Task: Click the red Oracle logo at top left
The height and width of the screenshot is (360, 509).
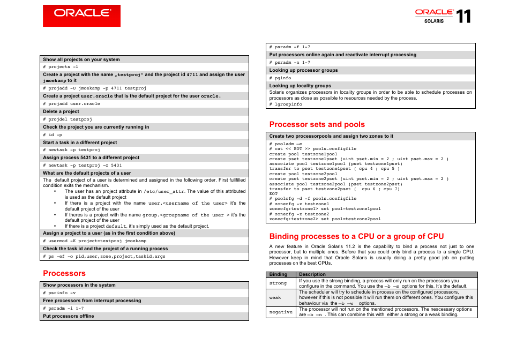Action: click(81, 16)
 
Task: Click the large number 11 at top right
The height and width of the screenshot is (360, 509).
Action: click(464, 17)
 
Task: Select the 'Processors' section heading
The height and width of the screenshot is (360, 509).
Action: click(64, 273)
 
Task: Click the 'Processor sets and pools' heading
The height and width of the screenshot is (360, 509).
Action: click(317, 124)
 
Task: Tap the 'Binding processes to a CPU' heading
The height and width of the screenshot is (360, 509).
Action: click(356, 236)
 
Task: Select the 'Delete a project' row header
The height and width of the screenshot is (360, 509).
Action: click(61, 111)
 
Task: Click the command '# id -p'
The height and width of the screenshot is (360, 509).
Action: click(53, 134)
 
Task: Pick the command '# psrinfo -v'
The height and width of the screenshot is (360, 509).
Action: click(59, 292)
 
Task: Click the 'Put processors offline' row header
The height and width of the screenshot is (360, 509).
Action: click(69, 316)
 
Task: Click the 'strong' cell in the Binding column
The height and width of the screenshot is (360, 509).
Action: click(278, 283)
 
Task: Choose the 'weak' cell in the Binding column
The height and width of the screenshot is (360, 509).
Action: click(275, 297)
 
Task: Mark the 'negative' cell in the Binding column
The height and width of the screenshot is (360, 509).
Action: click(281, 312)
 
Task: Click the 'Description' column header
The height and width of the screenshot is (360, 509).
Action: click(312, 274)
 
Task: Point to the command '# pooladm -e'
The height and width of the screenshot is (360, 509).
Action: click(286, 144)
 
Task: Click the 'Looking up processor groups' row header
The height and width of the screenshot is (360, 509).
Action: click(303, 70)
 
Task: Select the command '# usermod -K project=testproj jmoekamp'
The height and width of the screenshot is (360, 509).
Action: click(94, 241)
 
